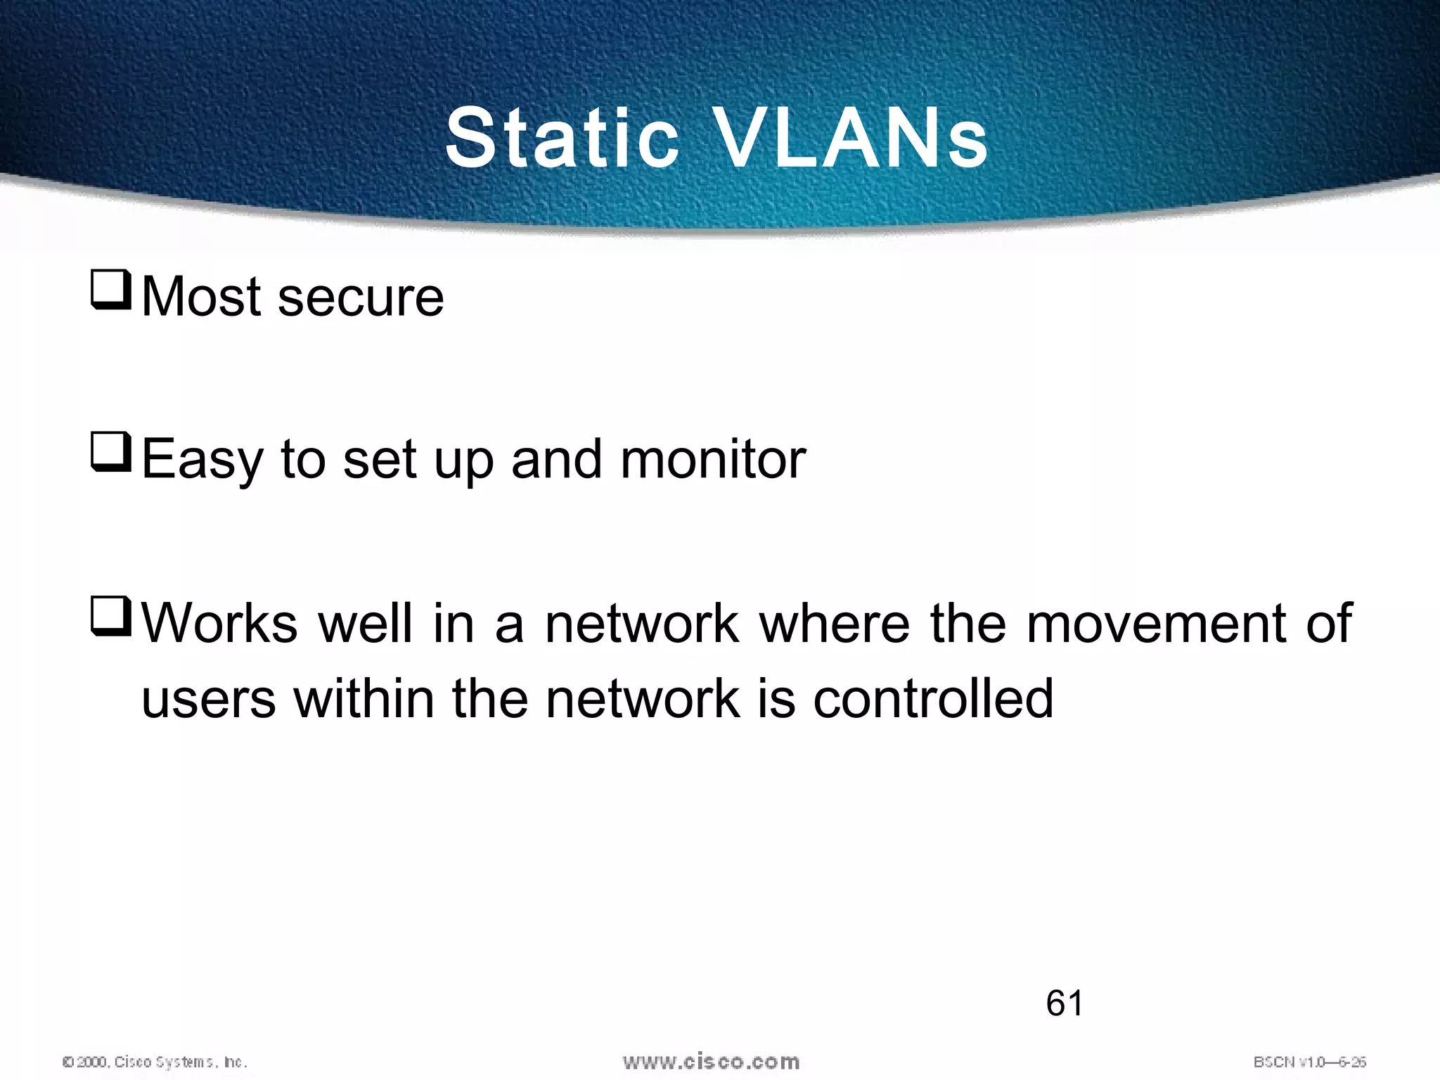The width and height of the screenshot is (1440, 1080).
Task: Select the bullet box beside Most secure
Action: pos(111,290)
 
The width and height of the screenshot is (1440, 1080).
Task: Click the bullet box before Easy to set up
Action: pos(111,454)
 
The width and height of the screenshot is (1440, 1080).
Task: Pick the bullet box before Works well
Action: pos(111,617)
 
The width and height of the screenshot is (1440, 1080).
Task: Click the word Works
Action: pos(219,623)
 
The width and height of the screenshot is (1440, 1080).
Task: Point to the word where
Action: pos(835,623)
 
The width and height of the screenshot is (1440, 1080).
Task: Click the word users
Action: pos(209,699)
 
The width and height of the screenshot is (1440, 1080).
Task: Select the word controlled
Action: pos(933,699)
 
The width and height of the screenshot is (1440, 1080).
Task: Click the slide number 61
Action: pos(1065,1003)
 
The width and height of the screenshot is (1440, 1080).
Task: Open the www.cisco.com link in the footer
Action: pos(711,1061)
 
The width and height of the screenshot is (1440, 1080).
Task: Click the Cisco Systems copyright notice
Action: pos(155,1062)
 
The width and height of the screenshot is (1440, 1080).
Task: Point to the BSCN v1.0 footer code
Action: pos(1309,1062)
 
